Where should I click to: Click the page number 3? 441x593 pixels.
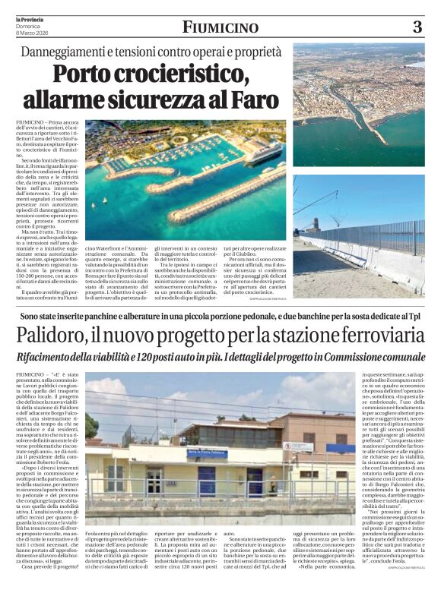(x=417, y=27)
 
